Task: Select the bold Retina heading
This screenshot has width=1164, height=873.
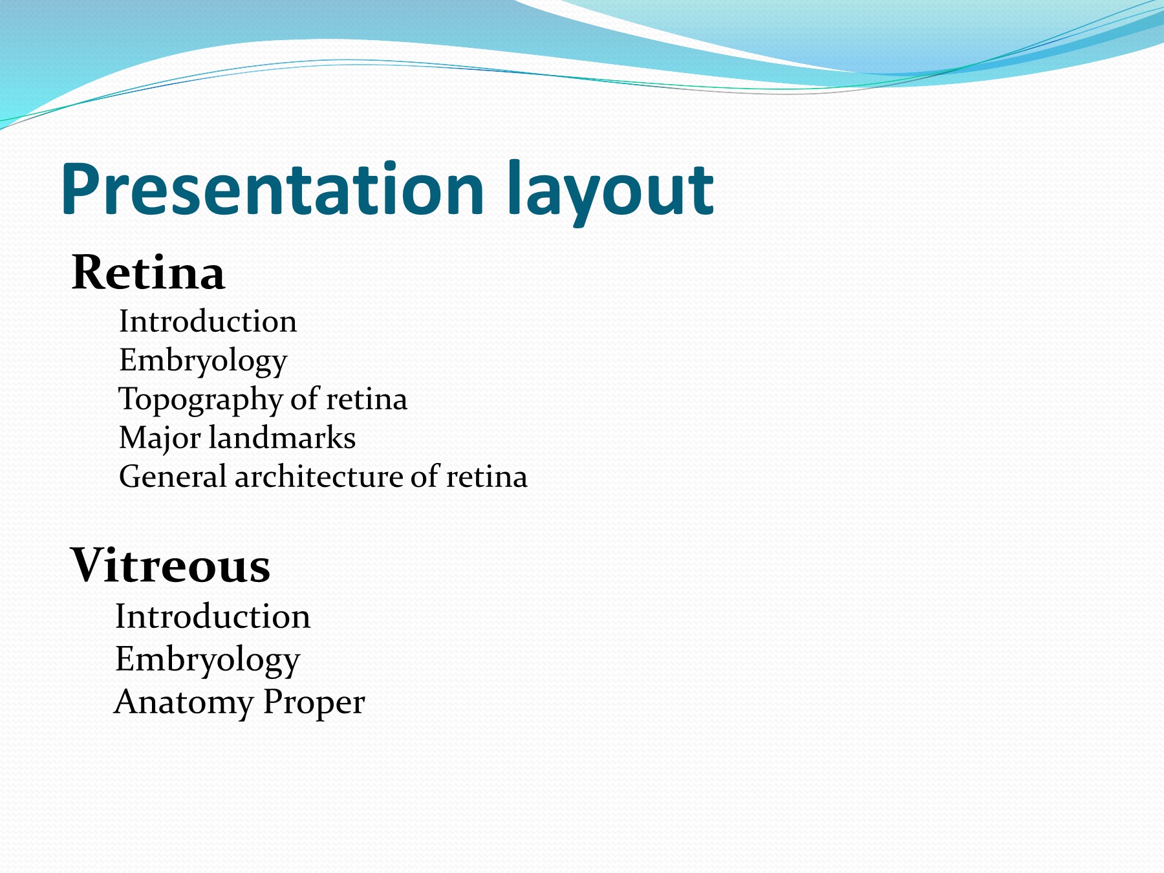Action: click(x=148, y=272)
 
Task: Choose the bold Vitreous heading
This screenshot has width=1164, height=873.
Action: click(x=170, y=565)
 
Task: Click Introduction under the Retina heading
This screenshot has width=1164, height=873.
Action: click(x=208, y=321)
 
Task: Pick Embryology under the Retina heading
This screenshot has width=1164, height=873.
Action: click(x=203, y=361)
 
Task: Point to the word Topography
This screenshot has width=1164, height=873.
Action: click(x=201, y=400)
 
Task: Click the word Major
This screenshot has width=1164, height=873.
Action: click(x=160, y=438)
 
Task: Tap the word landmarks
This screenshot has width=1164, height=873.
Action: click(x=282, y=438)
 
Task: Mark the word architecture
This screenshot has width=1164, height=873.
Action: click(x=319, y=477)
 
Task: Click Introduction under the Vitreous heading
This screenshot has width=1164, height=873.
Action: click(x=213, y=616)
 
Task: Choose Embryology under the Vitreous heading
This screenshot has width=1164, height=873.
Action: click(x=208, y=660)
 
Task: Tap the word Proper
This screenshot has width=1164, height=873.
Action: click(x=314, y=703)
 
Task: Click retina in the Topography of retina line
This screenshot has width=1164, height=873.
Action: click(x=367, y=400)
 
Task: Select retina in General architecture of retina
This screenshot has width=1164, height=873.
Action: click(x=487, y=477)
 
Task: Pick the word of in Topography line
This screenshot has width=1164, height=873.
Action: click(x=305, y=399)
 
